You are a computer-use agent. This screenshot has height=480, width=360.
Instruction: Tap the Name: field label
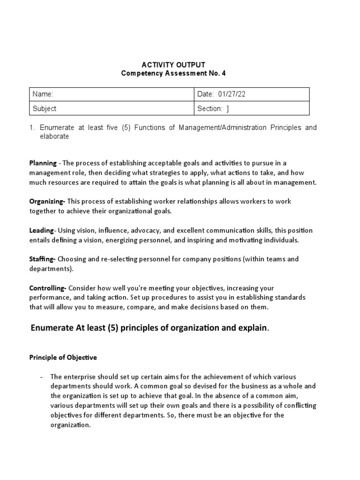click(43, 94)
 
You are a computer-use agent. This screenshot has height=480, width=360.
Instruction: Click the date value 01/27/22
click(232, 94)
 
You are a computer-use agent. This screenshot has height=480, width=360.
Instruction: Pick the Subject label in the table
click(44, 108)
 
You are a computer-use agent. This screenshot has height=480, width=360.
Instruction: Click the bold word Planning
click(43, 163)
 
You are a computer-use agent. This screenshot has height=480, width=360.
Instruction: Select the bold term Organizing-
click(47, 201)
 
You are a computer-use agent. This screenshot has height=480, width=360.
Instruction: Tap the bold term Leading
click(41, 230)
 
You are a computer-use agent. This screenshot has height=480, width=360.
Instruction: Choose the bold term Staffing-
click(43, 259)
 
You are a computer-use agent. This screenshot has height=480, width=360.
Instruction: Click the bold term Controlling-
click(48, 288)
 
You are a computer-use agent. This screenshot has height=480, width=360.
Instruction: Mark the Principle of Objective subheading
click(63, 357)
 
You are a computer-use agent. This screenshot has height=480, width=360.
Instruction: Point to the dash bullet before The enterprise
click(42, 377)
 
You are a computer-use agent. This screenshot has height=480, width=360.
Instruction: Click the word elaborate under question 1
click(54, 136)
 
